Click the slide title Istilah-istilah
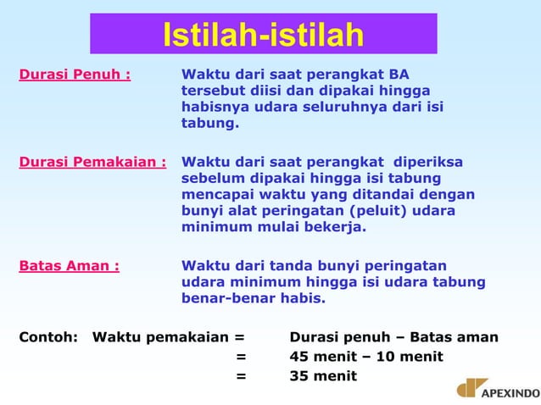(263, 36)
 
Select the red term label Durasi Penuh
(75, 74)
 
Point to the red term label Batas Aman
(69, 265)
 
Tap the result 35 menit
(323, 375)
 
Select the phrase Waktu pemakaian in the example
(161, 337)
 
